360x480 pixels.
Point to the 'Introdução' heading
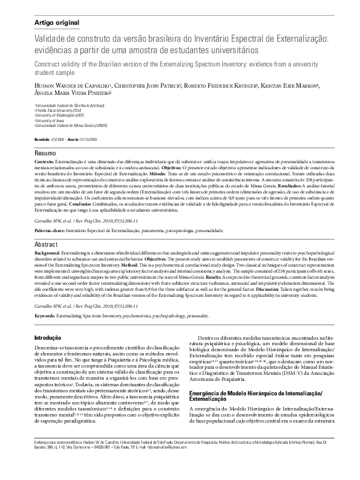click(x=50, y=338)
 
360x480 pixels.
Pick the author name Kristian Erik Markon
click(x=292, y=86)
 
